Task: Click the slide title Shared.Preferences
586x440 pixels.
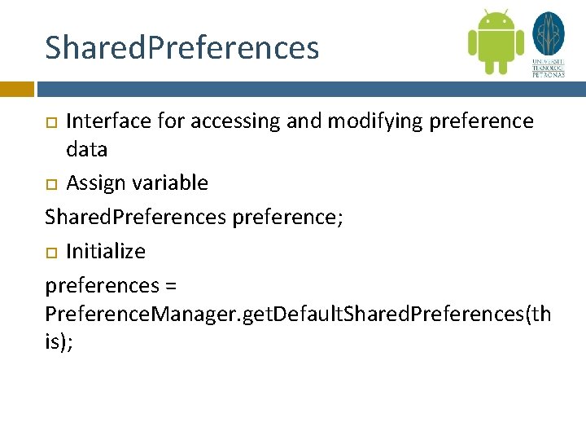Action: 181,48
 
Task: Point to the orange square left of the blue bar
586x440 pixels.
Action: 16,89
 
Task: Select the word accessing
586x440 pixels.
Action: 232,121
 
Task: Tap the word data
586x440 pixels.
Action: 86,150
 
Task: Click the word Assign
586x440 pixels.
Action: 94,183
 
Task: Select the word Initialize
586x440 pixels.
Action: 106,251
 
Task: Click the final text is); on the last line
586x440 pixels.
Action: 59,343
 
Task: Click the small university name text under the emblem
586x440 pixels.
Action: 548,68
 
